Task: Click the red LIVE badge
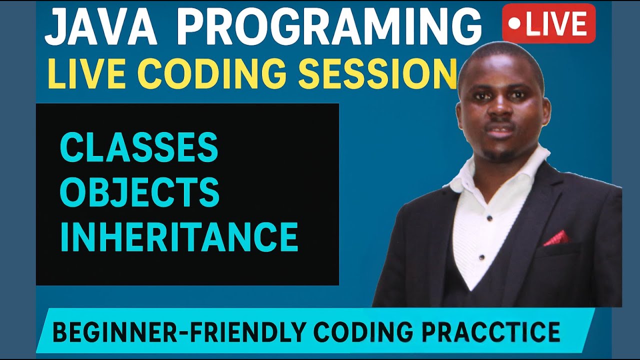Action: click(548, 24)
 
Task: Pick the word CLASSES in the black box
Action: click(139, 147)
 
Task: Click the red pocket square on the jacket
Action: click(556, 238)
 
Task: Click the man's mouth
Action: click(500, 131)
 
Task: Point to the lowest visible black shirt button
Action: click(481, 257)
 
